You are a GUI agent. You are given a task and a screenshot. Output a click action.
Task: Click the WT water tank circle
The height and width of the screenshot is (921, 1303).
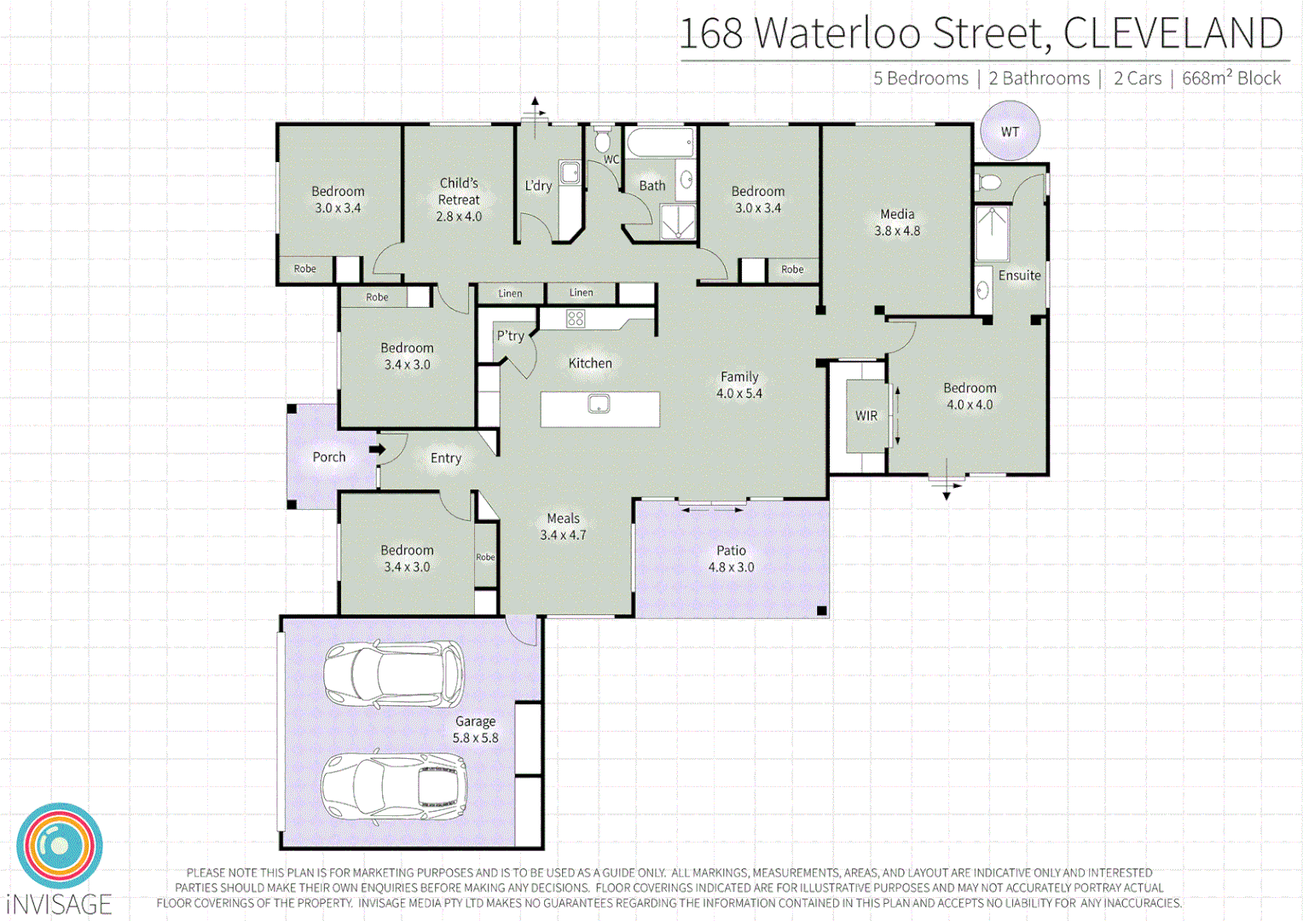tap(1010, 131)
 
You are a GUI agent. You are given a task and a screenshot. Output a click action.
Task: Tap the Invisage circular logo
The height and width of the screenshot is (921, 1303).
tap(59, 846)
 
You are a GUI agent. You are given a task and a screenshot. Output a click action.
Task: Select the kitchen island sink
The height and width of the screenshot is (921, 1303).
tap(599, 403)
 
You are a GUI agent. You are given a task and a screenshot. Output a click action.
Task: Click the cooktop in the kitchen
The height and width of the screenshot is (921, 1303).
tap(576, 319)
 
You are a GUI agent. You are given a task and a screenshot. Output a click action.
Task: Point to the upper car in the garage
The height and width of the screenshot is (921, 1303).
tap(393, 675)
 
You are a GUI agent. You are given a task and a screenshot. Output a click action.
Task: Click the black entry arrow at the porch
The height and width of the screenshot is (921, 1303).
tap(376, 449)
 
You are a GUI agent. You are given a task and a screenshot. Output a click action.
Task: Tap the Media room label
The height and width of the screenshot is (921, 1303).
tap(897, 214)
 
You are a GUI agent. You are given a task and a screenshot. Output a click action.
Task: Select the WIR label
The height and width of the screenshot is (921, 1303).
tap(866, 416)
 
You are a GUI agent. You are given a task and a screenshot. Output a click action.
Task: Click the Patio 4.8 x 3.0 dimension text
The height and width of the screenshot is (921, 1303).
tap(731, 567)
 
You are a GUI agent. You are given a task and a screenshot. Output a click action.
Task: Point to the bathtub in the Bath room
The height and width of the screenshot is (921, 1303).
tap(659, 142)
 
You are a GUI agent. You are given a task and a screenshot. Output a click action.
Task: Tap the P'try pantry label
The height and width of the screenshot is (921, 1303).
tap(510, 336)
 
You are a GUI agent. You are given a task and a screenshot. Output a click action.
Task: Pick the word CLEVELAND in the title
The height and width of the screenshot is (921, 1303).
tap(1173, 34)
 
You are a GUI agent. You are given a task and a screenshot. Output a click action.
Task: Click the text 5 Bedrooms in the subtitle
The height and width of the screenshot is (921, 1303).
tap(920, 78)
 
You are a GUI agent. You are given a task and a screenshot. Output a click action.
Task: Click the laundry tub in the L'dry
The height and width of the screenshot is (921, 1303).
tap(570, 172)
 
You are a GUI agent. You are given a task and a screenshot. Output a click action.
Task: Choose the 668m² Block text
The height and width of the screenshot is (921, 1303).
tap(1231, 78)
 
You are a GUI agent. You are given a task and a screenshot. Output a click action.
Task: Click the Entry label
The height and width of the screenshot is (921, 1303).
tap(445, 458)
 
